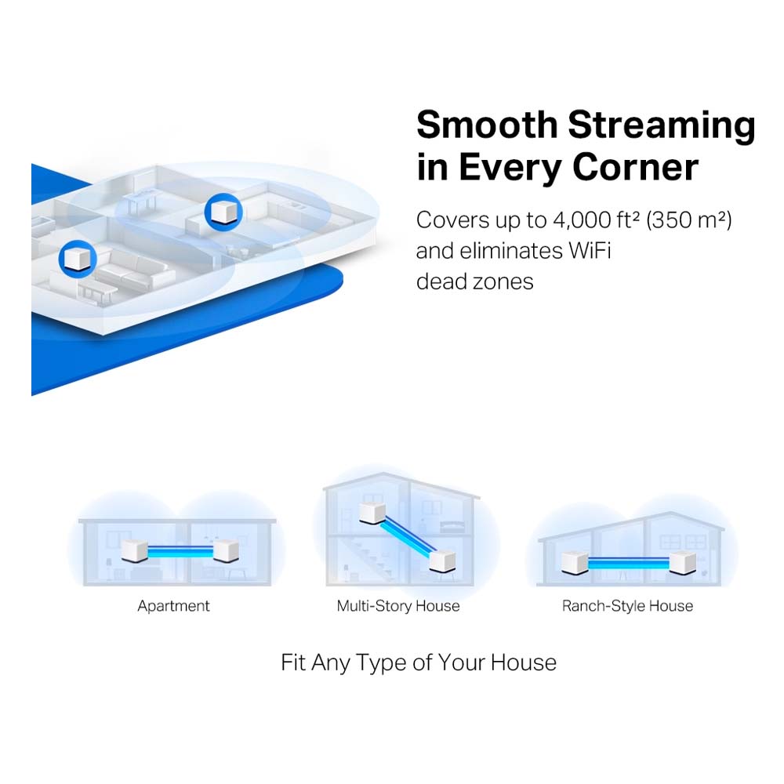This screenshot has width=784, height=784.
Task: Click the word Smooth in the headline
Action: [x=487, y=125]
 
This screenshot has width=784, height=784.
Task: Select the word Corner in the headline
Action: [x=635, y=168]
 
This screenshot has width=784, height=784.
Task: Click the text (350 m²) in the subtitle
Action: [x=688, y=220]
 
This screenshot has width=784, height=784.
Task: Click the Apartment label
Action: [x=173, y=606]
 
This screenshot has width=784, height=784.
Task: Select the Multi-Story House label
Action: [x=398, y=606]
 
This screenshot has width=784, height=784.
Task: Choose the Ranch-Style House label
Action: [x=627, y=606]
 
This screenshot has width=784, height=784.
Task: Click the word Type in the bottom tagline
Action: [x=384, y=663]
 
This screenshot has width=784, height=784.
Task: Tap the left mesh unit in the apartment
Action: [x=135, y=551]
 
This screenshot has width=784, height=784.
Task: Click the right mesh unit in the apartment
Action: [x=226, y=551]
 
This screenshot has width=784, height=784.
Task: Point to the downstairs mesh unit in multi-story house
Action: [x=442, y=561]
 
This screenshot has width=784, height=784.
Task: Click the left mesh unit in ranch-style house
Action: [x=575, y=563]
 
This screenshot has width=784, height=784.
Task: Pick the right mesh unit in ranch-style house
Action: [x=683, y=563]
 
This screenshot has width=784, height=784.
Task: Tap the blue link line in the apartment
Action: [x=180, y=551]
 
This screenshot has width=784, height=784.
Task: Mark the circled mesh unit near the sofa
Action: [x=78, y=259]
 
